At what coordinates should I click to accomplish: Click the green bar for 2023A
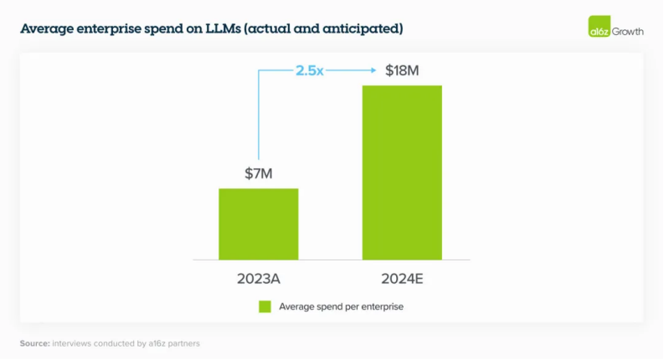tap(259, 224)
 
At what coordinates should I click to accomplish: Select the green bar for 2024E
tap(401, 172)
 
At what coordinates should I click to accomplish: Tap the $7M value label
tap(259, 174)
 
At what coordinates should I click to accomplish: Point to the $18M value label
tap(402, 70)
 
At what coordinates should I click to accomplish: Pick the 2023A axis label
tap(259, 277)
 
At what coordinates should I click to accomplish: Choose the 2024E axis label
tap(402, 277)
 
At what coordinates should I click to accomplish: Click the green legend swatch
tap(265, 306)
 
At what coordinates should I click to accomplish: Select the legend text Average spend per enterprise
tap(342, 306)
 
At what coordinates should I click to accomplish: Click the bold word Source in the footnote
tap(34, 343)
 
